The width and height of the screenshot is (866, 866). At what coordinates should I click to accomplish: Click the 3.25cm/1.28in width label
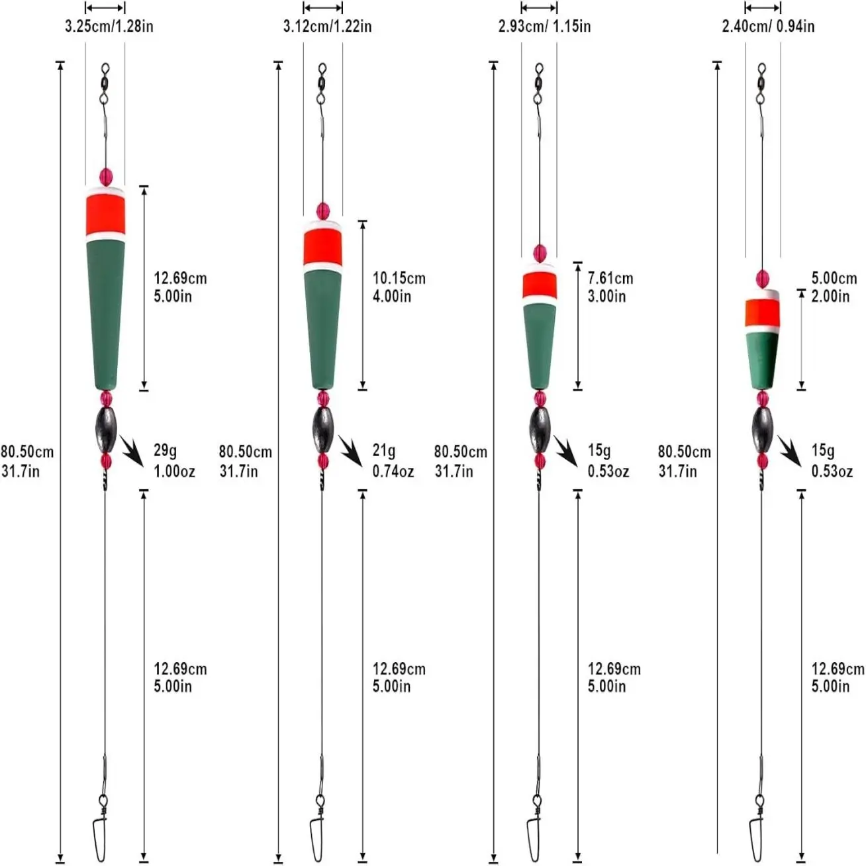pyautogui.click(x=109, y=26)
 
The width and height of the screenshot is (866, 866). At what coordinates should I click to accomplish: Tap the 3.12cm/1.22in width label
pyautogui.click(x=327, y=26)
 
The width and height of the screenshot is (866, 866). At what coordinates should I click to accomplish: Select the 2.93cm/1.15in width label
pyautogui.click(x=544, y=26)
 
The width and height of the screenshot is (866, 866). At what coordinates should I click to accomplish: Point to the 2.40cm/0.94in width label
pyautogui.click(x=768, y=26)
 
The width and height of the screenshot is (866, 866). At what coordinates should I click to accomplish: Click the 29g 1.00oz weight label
pyautogui.click(x=174, y=461)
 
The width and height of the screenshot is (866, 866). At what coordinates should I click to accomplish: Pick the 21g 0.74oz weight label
pyautogui.click(x=393, y=461)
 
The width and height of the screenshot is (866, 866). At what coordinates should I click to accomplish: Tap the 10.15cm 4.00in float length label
pyautogui.click(x=399, y=287)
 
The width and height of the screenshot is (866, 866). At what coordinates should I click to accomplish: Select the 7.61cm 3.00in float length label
pyautogui.click(x=610, y=287)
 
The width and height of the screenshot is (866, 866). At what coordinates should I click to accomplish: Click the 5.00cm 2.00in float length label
pyautogui.click(x=834, y=287)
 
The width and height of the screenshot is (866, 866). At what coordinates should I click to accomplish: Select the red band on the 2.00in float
pyautogui.click(x=761, y=313)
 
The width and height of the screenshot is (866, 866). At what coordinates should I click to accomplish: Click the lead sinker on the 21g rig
pyautogui.click(x=323, y=430)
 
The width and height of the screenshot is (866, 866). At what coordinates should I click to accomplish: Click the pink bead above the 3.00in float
pyautogui.click(x=540, y=253)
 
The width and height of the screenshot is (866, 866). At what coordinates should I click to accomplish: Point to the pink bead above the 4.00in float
pyautogui.click(x=323, y=211)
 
